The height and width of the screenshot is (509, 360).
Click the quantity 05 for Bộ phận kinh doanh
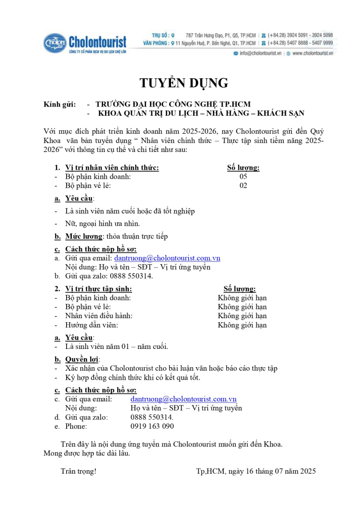(243, 177)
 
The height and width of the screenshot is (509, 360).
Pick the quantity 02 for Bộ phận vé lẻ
(243, 186)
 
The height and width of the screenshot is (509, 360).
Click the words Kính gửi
(60, 105)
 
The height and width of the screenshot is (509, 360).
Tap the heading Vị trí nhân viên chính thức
(112, 168)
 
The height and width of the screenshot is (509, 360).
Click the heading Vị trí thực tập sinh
(99, 289)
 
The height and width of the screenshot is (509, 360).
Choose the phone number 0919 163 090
(152, 426)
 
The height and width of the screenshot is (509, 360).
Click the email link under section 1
(167, 258)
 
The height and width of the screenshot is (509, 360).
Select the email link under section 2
(183, 399)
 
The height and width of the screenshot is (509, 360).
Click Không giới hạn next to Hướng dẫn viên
(242, 325)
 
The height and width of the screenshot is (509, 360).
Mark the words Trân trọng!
(78, 472)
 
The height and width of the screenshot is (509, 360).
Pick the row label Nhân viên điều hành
(99, 316)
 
